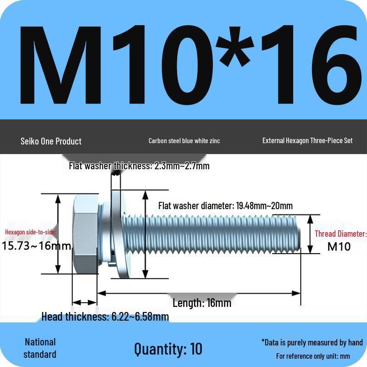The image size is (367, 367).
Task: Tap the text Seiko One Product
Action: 51,141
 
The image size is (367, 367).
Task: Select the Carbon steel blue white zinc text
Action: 184,141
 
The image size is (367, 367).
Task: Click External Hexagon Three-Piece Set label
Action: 307,140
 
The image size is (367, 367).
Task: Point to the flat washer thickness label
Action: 139,166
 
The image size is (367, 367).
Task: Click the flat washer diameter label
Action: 225,206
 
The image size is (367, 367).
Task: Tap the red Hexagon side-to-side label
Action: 31,232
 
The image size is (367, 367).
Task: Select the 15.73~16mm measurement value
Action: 37,246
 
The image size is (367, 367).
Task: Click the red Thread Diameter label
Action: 340,234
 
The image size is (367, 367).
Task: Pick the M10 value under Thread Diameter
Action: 339,247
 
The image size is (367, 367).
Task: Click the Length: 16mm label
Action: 202,303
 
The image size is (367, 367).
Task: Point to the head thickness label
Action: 105,317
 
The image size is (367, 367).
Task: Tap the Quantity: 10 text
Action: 168,349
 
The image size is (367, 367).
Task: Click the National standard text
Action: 40,348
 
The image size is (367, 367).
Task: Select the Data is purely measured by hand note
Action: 312,342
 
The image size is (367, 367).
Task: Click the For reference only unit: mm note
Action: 313,356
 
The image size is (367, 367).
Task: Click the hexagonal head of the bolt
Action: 85,234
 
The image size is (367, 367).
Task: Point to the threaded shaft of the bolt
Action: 220,234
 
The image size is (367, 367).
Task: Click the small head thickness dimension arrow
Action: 85,303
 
